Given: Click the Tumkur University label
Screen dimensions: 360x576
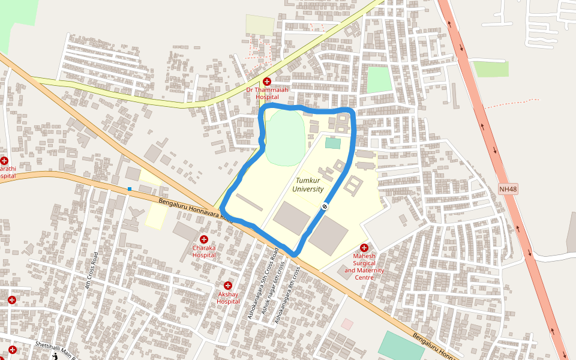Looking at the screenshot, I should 308,185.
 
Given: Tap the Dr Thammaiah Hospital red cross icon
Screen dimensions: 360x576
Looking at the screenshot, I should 267,81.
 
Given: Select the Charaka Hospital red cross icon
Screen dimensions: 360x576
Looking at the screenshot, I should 204,239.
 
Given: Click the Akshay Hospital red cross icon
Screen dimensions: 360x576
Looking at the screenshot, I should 228,286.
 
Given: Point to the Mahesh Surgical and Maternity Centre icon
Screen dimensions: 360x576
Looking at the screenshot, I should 364,248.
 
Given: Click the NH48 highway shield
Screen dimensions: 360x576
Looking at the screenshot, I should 508,190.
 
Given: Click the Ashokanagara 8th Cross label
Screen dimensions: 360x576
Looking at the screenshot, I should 287,296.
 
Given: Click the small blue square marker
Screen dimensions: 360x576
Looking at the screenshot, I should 129,190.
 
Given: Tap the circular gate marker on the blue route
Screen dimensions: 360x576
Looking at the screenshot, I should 325,206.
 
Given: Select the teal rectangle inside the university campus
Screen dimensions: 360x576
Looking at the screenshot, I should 332,143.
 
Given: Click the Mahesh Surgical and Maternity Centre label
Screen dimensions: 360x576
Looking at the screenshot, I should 364,266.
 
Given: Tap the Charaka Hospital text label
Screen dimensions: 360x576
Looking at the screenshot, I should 204,251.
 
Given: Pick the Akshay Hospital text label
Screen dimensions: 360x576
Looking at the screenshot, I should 228,298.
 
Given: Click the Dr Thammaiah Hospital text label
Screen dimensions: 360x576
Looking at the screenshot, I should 267,93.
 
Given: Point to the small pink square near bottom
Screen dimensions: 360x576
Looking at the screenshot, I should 347,324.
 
